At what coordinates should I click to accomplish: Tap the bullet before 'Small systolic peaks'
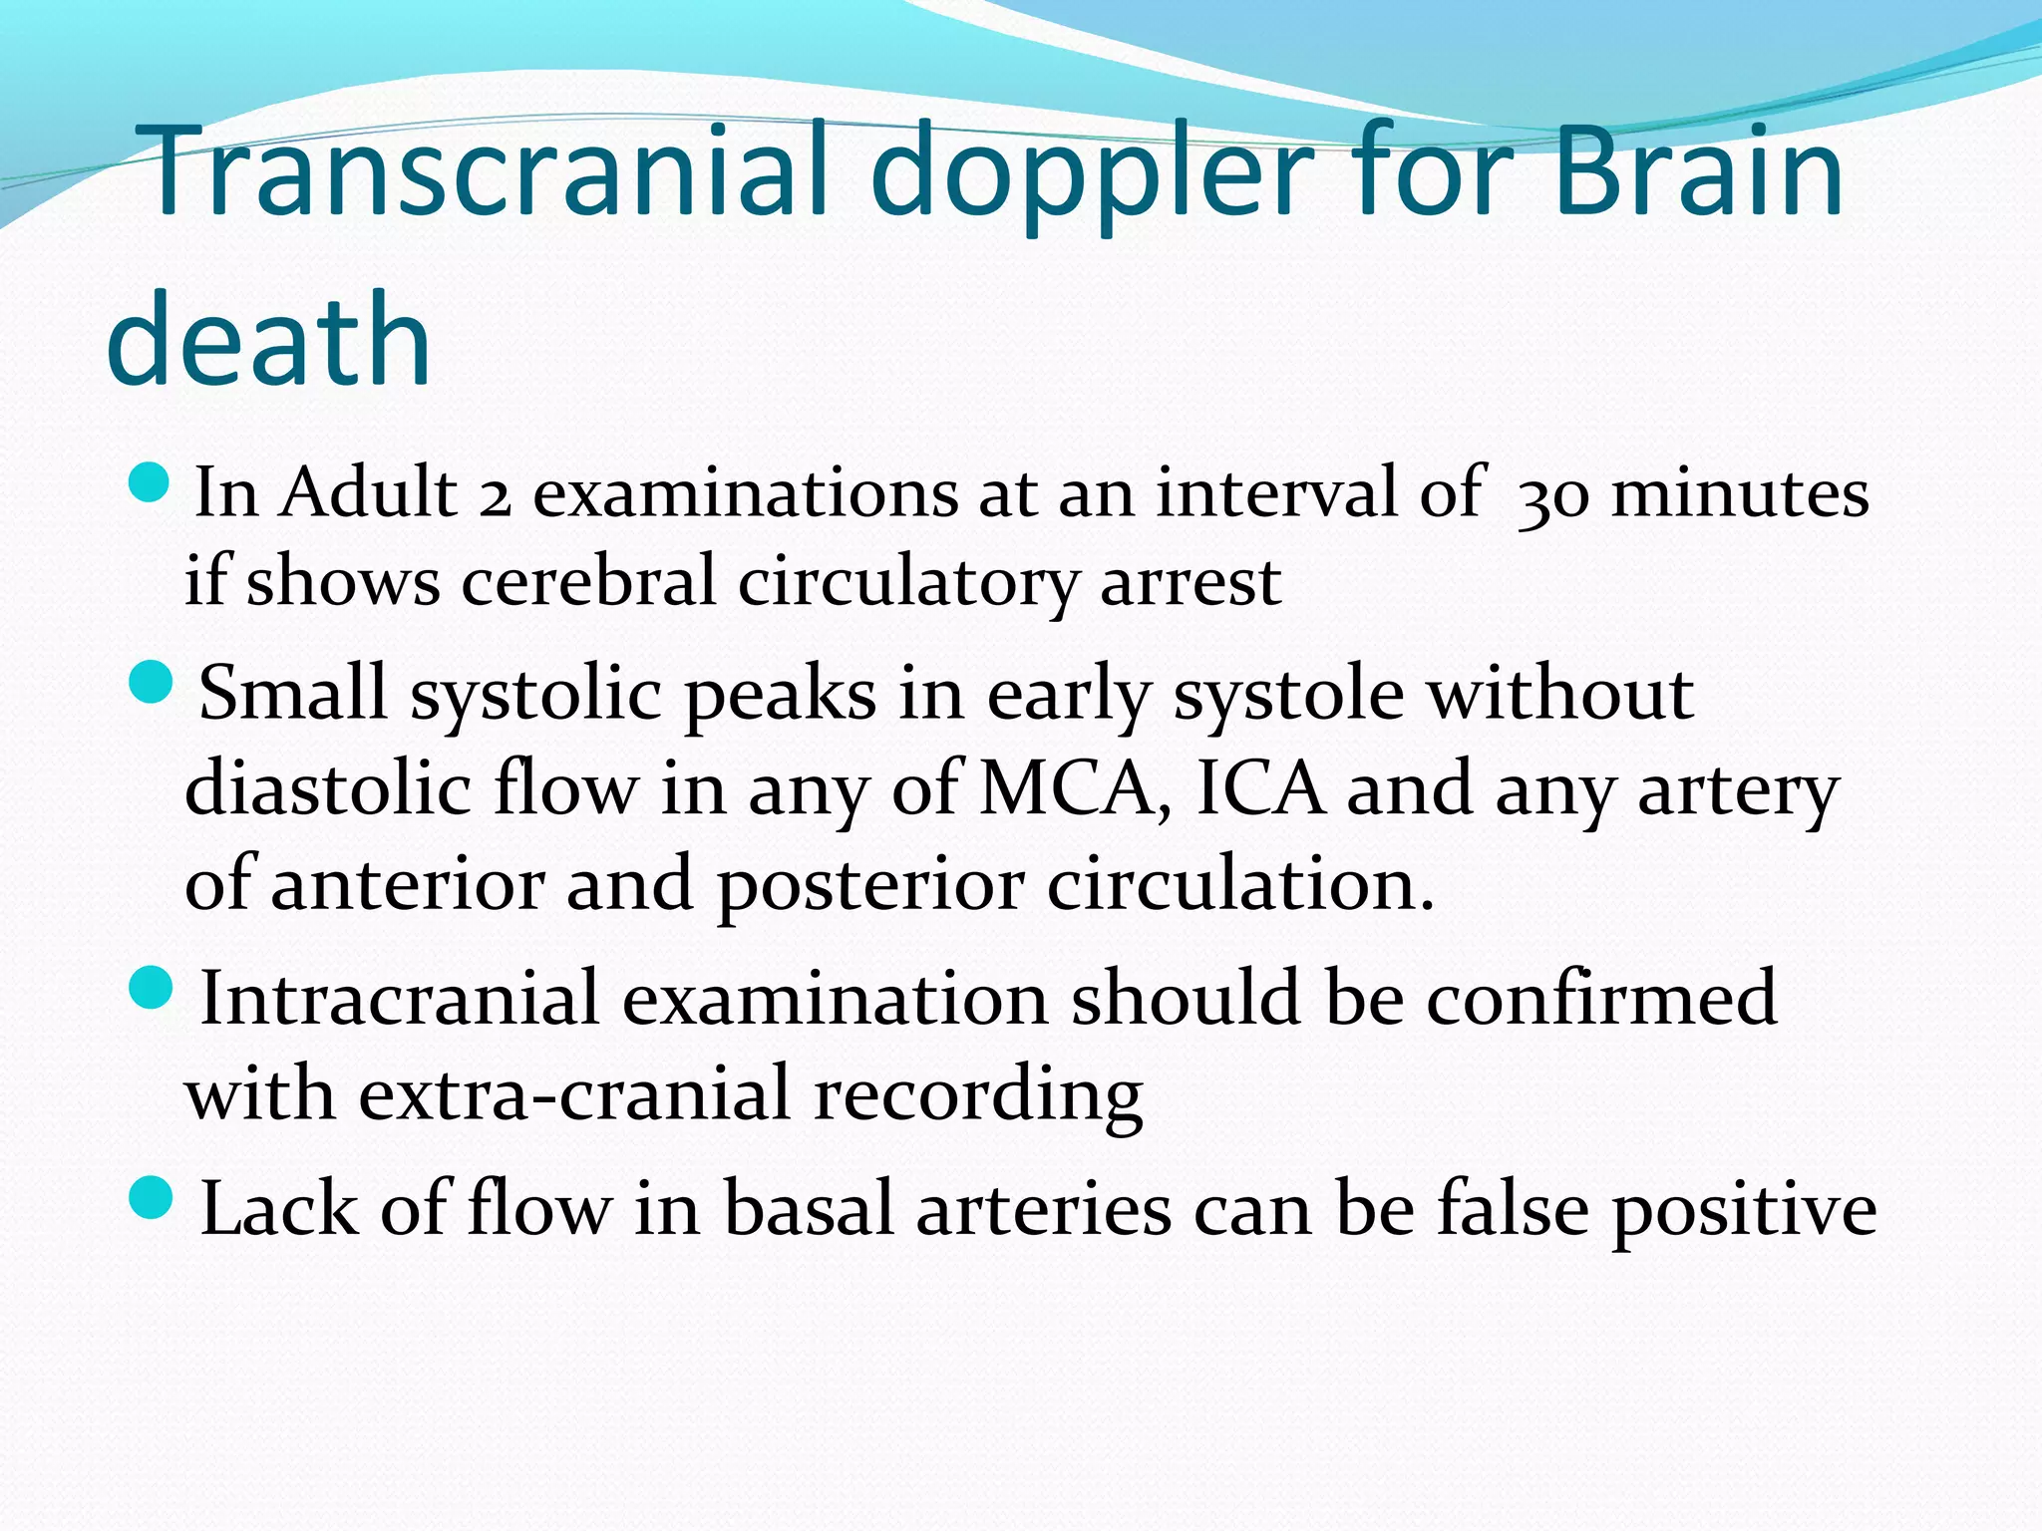tap(153, 684)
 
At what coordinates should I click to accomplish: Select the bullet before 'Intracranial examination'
tap(153, 989)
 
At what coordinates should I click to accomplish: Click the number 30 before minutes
tap(1550, 498)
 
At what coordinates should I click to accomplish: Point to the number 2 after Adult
tap(495, 498)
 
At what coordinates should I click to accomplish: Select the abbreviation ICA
tap(1260, 789)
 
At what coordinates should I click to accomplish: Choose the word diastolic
tap(328, 789)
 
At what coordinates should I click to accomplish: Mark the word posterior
tap(870, 885)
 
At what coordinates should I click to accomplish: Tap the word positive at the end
tap(1745, 1210)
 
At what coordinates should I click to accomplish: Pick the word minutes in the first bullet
tap(1740, 494)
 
